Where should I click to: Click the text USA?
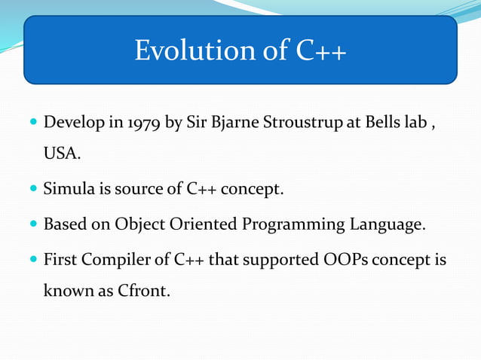(x=60, y=154)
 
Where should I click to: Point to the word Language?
(x=384, y=224)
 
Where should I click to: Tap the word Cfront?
(x=145, y=291)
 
